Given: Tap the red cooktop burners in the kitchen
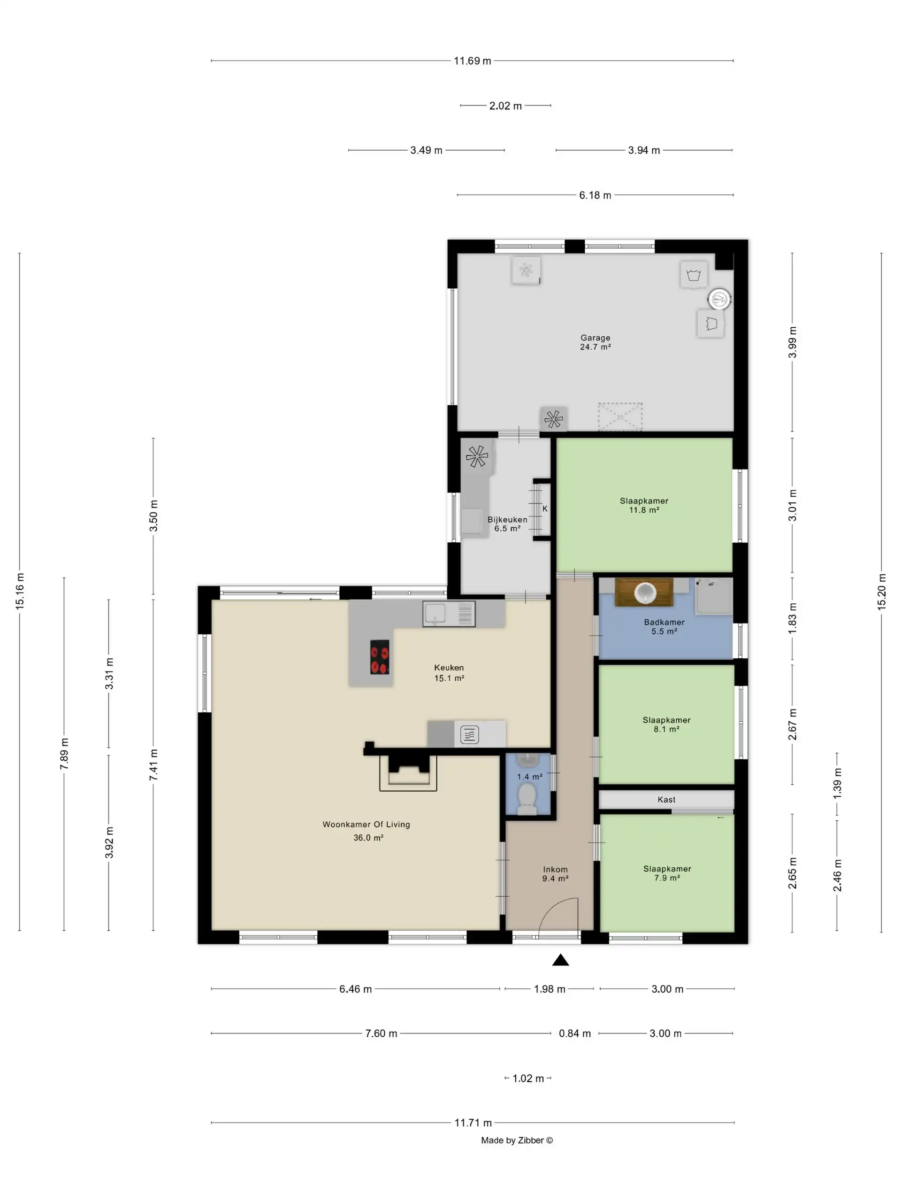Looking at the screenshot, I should coord(380,657).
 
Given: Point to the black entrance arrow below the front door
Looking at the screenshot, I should coord(560,960).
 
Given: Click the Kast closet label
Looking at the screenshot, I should coord(666,799).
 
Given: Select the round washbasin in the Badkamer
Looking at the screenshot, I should coord(645,592).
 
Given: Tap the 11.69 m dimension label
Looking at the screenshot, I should coord(472,61).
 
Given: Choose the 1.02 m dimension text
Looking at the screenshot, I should coord(528,1078).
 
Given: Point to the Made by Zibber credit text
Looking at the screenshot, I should coord(517,1140).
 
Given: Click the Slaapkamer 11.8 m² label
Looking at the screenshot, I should coord(644,505).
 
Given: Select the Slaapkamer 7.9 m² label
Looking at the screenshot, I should coord(667,873).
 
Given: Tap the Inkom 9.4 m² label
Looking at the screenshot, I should coord(555,873).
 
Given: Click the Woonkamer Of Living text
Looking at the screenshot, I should coord(366,824).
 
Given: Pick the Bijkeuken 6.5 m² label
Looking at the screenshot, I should coord(507,524).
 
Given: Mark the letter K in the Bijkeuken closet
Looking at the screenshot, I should coord(545,509).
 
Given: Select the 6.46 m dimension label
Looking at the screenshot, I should coord(355,989).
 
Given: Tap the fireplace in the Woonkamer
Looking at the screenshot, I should coord(407,771).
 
